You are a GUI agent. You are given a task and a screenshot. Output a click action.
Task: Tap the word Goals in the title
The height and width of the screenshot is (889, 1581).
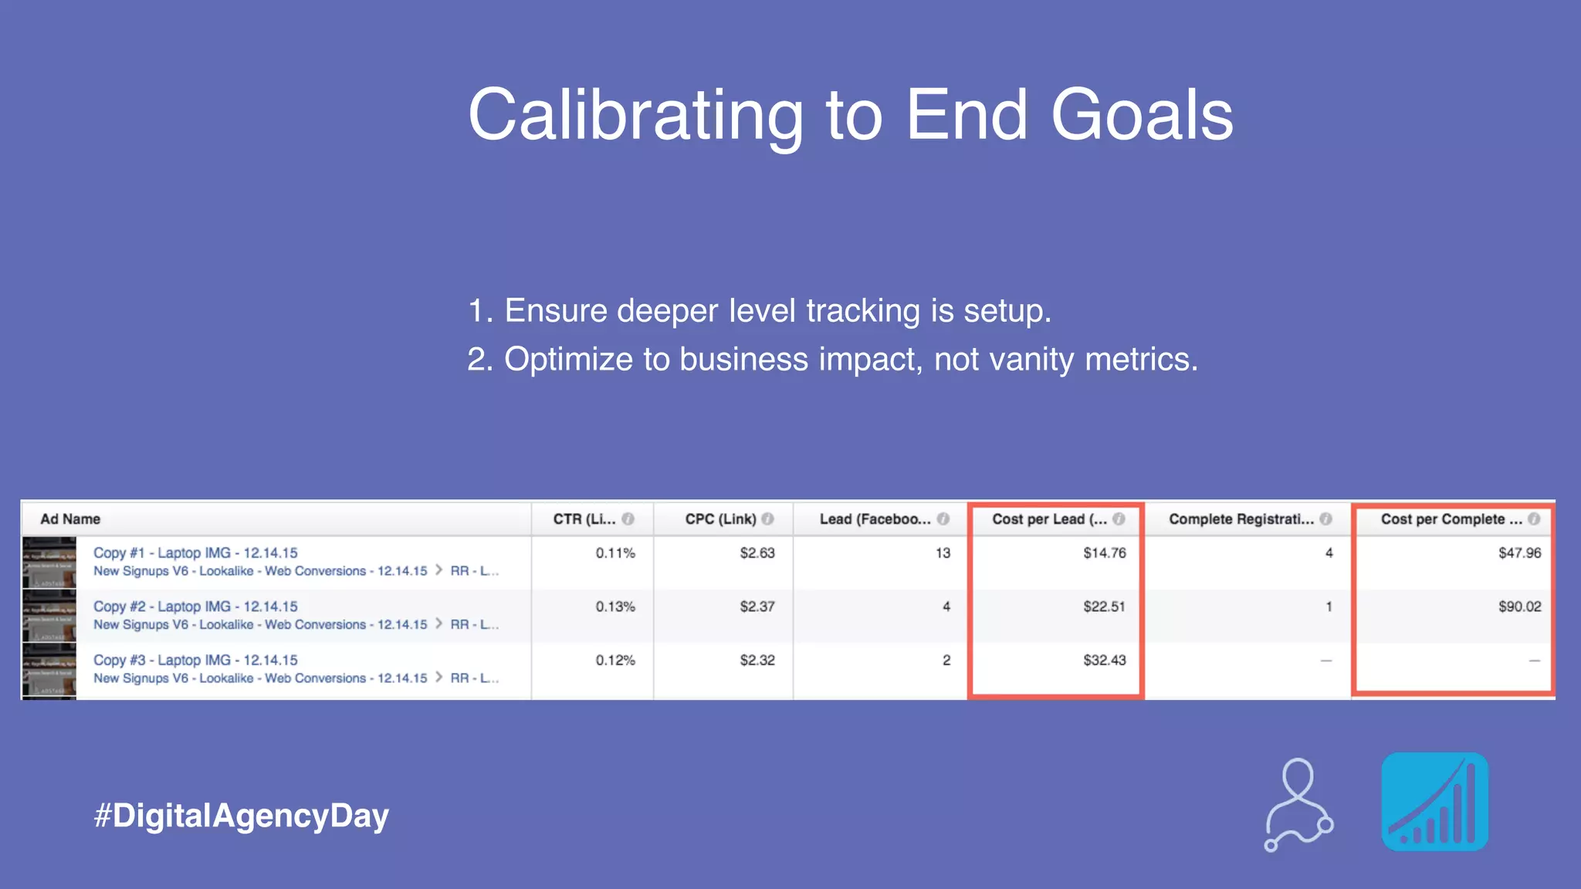(1142, 116)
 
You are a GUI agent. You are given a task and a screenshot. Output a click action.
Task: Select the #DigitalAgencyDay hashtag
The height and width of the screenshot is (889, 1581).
(241, 816)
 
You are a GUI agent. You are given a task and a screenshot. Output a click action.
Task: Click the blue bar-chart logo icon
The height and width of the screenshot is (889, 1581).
(1434, 802)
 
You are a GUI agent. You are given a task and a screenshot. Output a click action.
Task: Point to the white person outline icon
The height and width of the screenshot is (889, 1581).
(1299, 805)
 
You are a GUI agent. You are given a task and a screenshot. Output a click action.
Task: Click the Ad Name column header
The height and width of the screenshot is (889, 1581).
(70, 519)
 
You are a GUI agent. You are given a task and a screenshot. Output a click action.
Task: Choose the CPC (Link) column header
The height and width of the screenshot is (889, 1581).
(720, 519)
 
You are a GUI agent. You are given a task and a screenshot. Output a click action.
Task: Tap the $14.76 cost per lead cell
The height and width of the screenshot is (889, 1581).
(1104, 553)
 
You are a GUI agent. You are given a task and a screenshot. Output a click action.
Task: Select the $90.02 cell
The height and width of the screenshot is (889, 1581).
(1519, 607)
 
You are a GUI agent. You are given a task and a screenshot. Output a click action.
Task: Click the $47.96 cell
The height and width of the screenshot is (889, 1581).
(1519, 553)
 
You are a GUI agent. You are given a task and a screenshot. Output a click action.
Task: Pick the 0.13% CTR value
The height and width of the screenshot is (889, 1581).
(615, 607)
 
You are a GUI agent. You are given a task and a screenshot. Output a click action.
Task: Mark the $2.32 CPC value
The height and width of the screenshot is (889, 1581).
(757, 661)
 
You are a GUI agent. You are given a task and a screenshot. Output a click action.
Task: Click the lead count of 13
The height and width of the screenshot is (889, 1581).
(943, 553)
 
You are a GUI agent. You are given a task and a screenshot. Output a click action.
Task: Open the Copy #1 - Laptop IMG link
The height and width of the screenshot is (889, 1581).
(195, 553)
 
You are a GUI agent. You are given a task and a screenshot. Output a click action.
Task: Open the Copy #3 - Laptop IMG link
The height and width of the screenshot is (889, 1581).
(195, 661)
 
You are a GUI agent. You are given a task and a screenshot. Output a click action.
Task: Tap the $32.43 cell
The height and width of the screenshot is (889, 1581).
(1104, 661)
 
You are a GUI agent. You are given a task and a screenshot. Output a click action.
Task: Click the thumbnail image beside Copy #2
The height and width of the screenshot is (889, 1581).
(49, 617)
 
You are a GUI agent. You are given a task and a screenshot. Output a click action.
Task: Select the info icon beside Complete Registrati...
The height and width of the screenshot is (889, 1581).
(1325, 519)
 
